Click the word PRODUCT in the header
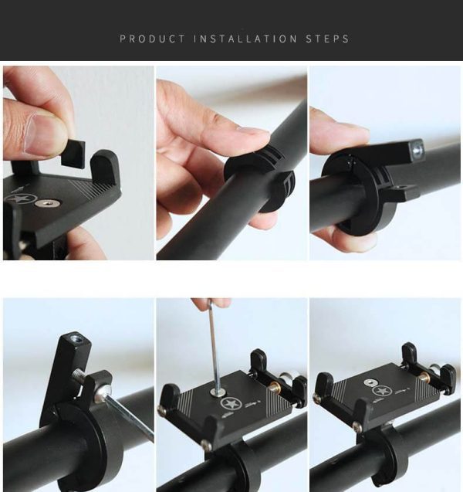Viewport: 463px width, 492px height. pos(153,39)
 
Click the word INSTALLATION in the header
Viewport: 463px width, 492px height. pos(245,39)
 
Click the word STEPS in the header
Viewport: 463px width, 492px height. pos(327,39)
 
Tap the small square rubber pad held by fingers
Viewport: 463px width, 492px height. pos(73,154)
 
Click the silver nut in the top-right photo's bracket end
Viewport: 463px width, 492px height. pos(417,149)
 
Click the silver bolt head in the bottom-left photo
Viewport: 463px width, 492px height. pos(103,393)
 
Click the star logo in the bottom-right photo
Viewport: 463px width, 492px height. pos(381,391)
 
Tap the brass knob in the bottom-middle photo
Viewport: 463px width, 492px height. pos(274,385)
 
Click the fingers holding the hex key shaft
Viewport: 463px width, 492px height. pos(211,303)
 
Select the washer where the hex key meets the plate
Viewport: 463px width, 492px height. pos(218,392)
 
